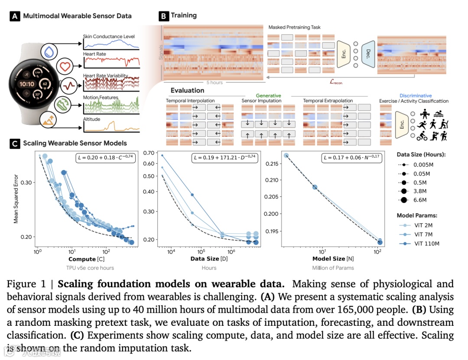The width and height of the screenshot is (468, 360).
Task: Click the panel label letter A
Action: pos(16,16)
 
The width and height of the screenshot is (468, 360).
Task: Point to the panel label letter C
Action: pos(16,143)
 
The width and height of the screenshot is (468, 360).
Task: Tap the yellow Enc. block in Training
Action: pos(343,53)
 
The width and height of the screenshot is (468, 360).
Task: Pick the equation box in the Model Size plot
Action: pos(352,158)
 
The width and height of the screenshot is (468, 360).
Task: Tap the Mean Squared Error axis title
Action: pos(16,200)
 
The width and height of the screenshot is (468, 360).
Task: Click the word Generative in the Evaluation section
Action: pos(268,95)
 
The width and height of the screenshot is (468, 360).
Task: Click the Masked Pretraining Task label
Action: pos(294,27)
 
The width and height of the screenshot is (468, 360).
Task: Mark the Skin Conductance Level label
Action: pos(109,36)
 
